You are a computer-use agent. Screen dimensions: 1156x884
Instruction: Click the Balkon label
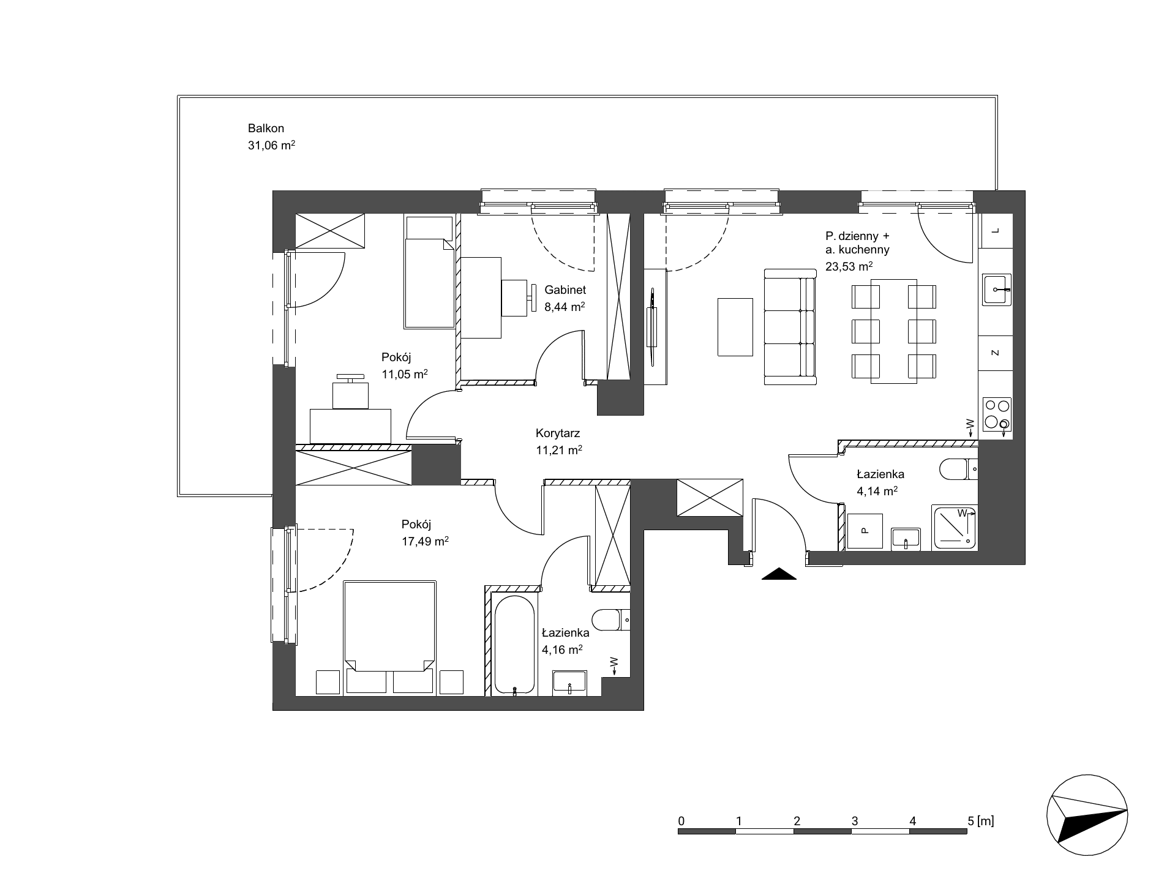(266, 129)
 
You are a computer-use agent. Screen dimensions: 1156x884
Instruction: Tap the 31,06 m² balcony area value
(272, 146)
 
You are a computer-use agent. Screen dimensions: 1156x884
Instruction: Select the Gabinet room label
(565, 290)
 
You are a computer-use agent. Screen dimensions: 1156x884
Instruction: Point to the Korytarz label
(558, 433)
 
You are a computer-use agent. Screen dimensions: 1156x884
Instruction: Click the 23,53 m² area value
(849, 266)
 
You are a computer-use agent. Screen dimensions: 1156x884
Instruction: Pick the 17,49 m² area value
(426, 541)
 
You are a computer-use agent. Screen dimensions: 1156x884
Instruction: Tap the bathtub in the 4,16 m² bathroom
(515, 645)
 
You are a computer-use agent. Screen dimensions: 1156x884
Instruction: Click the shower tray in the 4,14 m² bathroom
(954, 527)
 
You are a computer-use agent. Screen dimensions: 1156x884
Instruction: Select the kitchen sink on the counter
(996, 290)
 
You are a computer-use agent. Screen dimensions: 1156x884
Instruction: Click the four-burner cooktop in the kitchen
(996, 414)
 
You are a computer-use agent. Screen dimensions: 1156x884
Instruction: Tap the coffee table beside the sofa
(735, 326)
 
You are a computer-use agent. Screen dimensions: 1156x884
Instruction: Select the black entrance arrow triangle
(778, 574)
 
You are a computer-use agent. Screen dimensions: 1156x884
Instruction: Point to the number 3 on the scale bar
(855, 821)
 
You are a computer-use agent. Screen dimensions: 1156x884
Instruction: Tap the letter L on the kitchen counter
(996, 231)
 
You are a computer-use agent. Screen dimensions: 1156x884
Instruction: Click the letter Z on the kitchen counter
(996, 353)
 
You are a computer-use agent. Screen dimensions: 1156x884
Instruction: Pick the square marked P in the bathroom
(865, 531)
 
